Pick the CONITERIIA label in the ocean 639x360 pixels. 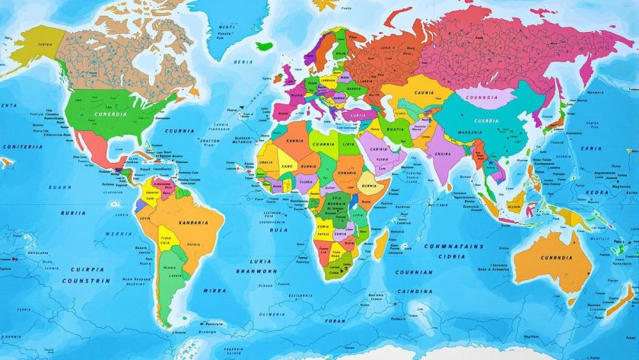[22, 147]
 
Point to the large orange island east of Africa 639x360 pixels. [383, 245]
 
